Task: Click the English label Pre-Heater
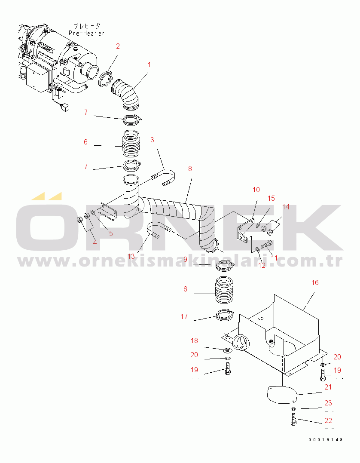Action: (86, 33)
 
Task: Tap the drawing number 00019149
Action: (326, 440)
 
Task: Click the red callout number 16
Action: (315, 282)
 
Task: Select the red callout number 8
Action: (190, 169)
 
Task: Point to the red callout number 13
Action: (131, 256)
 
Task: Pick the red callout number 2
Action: (118, 46)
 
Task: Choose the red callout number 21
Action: (328, 387)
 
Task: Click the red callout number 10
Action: (256, 190)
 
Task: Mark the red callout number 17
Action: (184, 316)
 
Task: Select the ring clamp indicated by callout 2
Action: (105, 79)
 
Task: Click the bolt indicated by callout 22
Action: (293, 419)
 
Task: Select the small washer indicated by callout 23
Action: (293, 409)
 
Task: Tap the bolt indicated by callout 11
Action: (267, 245)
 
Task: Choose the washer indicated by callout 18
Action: (228, 350)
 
